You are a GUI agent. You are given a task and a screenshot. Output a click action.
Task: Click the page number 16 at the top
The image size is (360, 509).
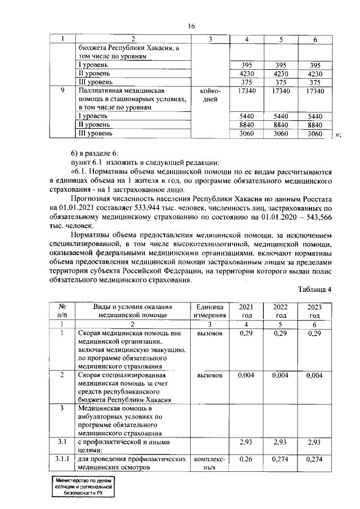(x=191, y=26)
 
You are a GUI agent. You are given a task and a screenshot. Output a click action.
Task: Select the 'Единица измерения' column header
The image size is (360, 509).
(x=211, y=310)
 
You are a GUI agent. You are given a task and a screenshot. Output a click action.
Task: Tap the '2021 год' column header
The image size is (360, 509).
(x=246, y=310)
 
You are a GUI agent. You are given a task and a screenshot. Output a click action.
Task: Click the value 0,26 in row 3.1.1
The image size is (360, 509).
(x=246, y=460)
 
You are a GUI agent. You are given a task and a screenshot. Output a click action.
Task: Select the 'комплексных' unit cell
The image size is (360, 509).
(x=211, y=463)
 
